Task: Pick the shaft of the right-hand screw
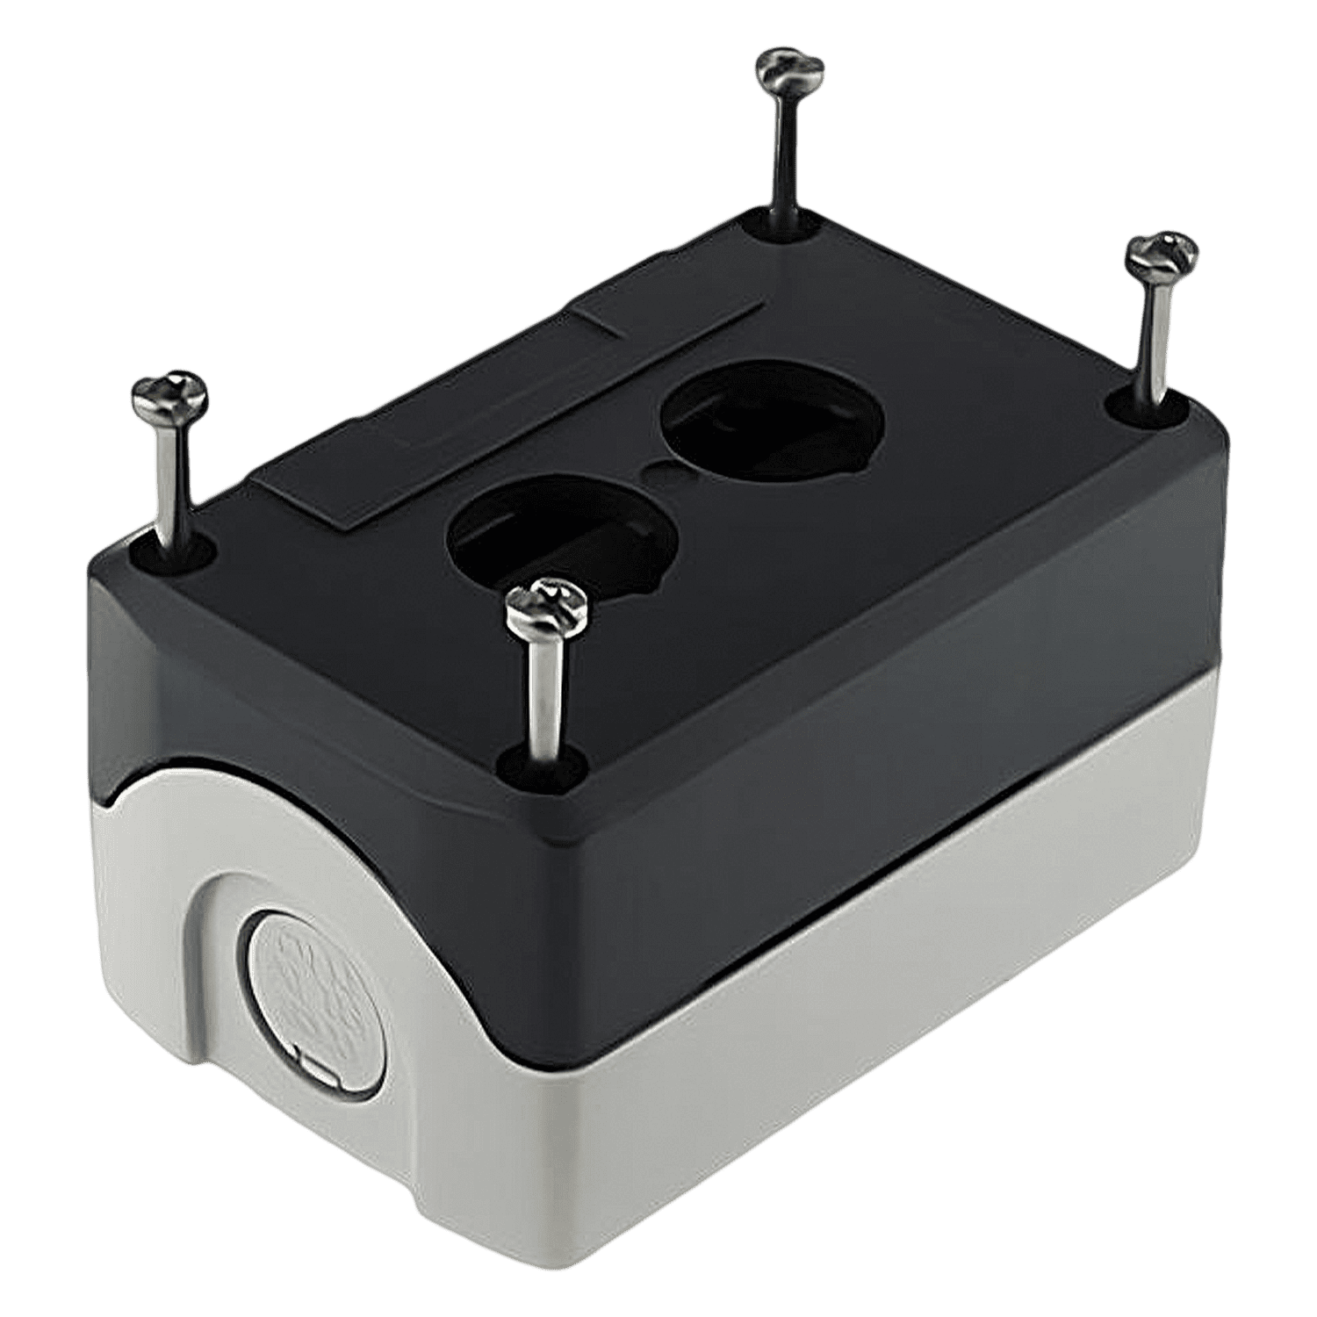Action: click(1155, 334)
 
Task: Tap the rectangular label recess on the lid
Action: click(509, 404)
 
